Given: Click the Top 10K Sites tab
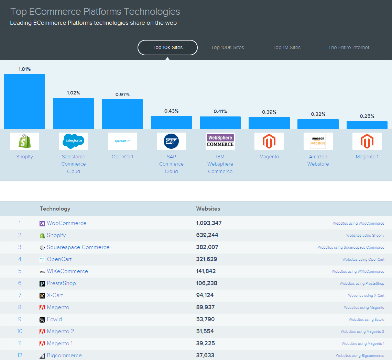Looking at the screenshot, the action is pos(167,47).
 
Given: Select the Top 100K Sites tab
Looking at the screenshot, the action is pos(227,47).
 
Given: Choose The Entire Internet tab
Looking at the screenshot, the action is pos(349,47).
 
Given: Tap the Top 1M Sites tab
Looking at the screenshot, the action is pos(286,47).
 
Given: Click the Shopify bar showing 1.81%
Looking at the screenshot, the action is pos(24,101).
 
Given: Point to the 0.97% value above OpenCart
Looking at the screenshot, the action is pos(122,94).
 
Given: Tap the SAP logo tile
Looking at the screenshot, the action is pos(171,141).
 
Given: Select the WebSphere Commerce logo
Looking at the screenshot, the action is pos(220,141).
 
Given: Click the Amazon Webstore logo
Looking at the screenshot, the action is pos(318,141).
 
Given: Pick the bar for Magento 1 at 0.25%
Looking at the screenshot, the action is pos(367,125).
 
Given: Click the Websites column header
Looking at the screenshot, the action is pos(208,209).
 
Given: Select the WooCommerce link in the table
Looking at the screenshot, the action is pos(66,223).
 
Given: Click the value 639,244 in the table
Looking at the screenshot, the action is pos(207,235).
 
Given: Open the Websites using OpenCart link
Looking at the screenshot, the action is pos(363,259).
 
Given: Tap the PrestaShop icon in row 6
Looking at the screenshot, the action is pos(42,283).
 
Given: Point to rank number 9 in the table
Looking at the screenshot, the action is pos(20,319).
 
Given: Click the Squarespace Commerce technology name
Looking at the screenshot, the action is pos(78,247).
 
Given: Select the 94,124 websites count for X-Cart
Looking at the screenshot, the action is pos(205,295).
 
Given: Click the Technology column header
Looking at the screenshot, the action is pos(55,209).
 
